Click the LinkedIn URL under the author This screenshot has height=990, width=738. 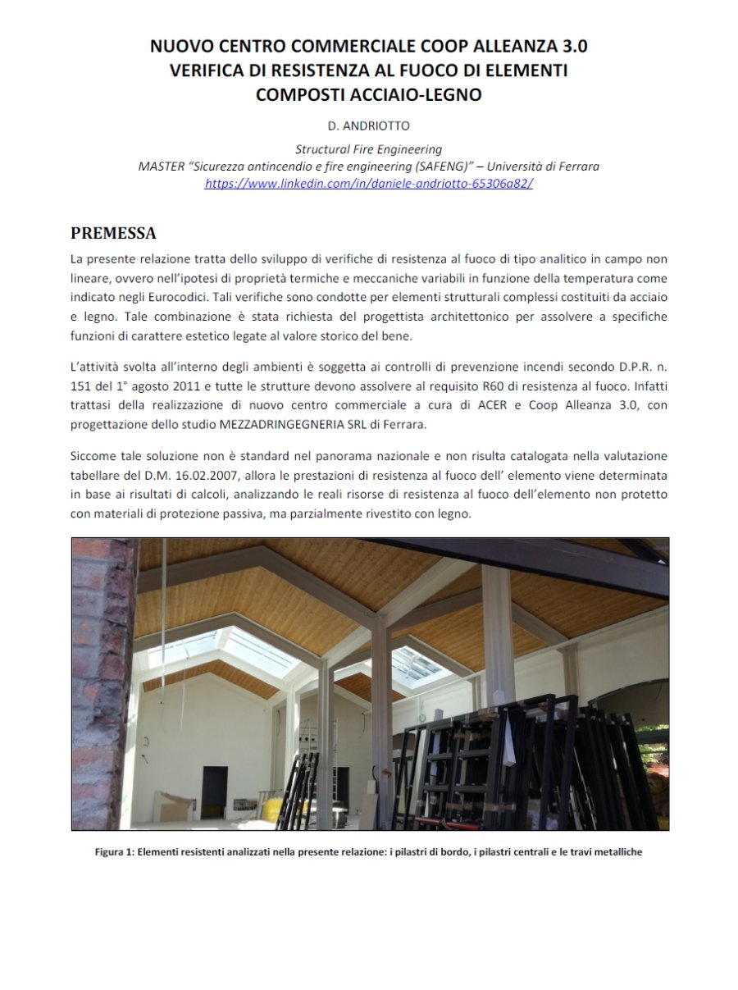coord(369,183)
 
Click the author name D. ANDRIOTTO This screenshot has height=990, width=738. coord(369,127)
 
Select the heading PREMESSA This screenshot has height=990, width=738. coord(113,233)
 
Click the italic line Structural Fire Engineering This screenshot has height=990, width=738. coord(369,149)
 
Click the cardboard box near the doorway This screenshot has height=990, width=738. coord(175,806)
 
